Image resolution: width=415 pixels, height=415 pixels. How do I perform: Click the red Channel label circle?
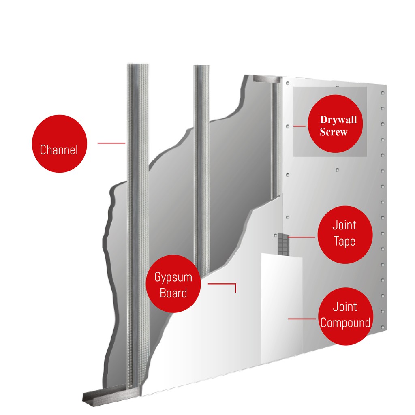pos(59,143)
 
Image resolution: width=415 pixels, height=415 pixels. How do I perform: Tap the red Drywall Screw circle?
pos(335,124)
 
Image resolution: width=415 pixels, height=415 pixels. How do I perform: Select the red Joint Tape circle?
pos(345,235)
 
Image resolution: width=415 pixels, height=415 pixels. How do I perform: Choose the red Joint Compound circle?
pos(345,316)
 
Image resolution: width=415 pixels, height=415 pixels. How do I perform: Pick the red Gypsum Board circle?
pos(173,283)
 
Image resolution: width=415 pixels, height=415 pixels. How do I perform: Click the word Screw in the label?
pos(333,132)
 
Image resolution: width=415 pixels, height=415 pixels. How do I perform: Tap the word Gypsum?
pos(173,277)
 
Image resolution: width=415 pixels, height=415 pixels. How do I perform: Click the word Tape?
pos(344,242)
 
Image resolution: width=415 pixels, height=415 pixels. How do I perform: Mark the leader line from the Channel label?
pos(111,143)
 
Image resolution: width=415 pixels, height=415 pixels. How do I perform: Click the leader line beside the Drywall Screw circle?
pos(299,126)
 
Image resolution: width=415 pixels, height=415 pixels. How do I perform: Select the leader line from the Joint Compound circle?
pos(302,319)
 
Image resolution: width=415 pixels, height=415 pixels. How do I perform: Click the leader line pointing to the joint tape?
pos(302,237)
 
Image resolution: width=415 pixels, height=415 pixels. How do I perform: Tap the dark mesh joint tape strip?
pos(283,244)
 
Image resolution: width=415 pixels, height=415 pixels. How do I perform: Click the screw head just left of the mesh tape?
pos(275,235)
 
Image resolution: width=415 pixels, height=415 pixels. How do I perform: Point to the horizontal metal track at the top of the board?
pos(267,79)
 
